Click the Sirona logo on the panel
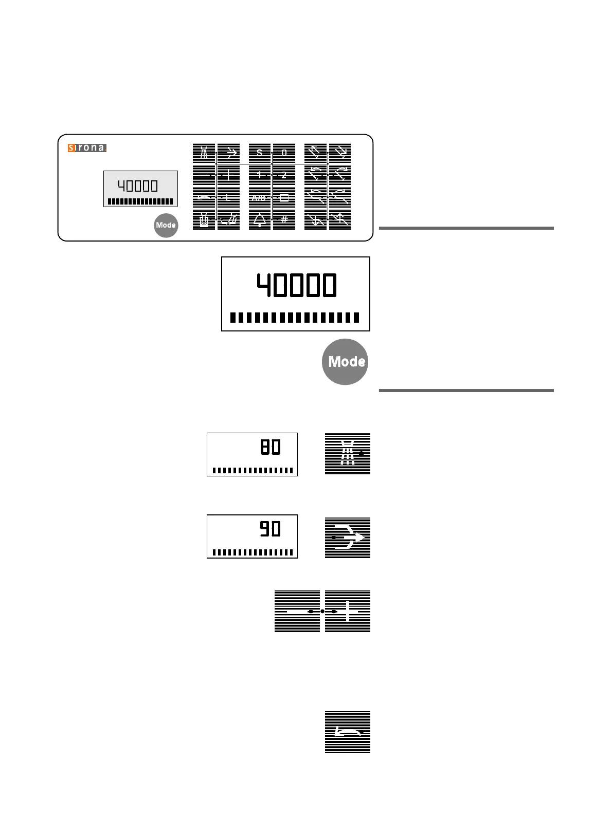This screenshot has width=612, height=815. (x=87, y=148)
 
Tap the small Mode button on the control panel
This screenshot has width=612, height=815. (x=166, y=225)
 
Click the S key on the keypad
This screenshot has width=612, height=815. (x=260, y=153)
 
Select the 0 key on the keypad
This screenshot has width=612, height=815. (x=284, y=153)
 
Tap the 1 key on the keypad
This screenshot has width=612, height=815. (x=260, y=175)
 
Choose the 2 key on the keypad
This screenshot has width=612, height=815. (x=284, y=175)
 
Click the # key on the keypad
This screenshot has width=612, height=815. (x=284, y=219)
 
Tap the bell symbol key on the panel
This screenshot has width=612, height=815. (x=260, y=219)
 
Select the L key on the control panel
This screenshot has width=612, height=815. (x=229, y=197)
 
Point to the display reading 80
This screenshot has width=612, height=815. (x=252, y=454)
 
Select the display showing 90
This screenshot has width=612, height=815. (x=252, y=536)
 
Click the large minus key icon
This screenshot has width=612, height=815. (x=297, y=611)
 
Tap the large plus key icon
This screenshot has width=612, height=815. (x=348, y=611)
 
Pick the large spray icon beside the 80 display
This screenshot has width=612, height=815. (x=348, y=454)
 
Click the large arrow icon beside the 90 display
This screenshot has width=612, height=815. (x=348, y=538)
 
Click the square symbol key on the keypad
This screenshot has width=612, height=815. (x=284, y=197)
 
